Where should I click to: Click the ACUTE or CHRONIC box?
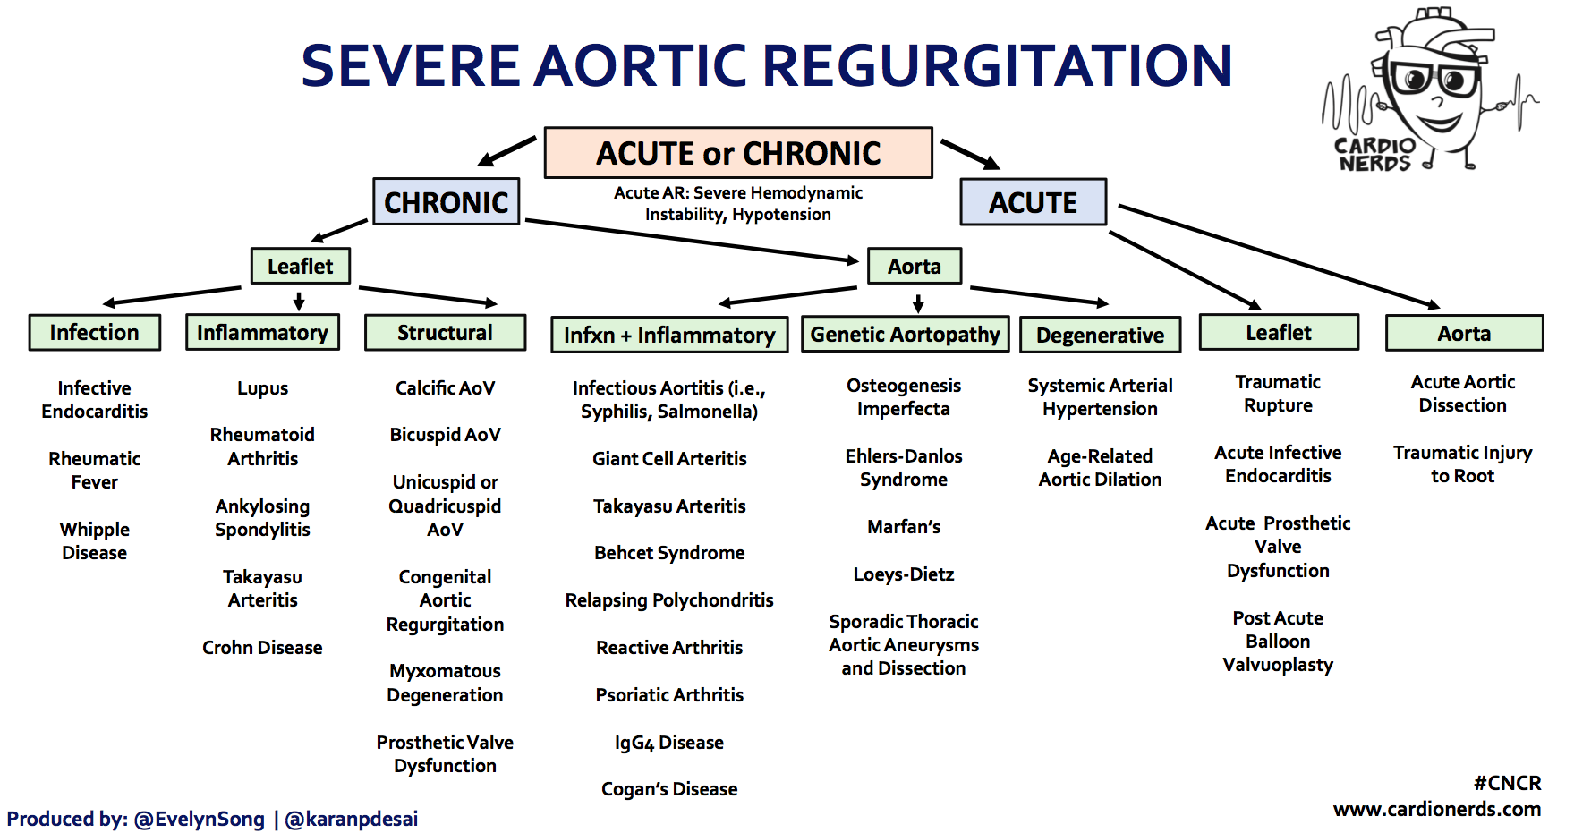pos(738,153)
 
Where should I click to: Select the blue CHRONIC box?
pos(446,201)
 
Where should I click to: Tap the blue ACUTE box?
pos(1033,202)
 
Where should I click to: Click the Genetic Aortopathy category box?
pos(905,334)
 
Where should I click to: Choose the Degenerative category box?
pos(1100,335)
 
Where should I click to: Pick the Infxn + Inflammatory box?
pos(669,335)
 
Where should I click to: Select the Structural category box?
pos(445,332)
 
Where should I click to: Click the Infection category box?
pos(94,332)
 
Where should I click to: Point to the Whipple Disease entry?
pos(95,541)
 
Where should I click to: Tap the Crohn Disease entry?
pos(262,648)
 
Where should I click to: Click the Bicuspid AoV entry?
pos(445,435)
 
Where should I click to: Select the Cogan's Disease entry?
pos(669,789)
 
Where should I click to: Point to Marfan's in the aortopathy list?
pos(904,527)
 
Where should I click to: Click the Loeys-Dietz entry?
pos(904,574)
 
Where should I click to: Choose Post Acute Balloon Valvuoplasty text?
pos(1278,642)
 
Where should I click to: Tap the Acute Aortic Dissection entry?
pos(1462,394)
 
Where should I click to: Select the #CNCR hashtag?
pos(1507,783)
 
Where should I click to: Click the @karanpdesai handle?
pos(352,819)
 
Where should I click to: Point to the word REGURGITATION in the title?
pos(998,65)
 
